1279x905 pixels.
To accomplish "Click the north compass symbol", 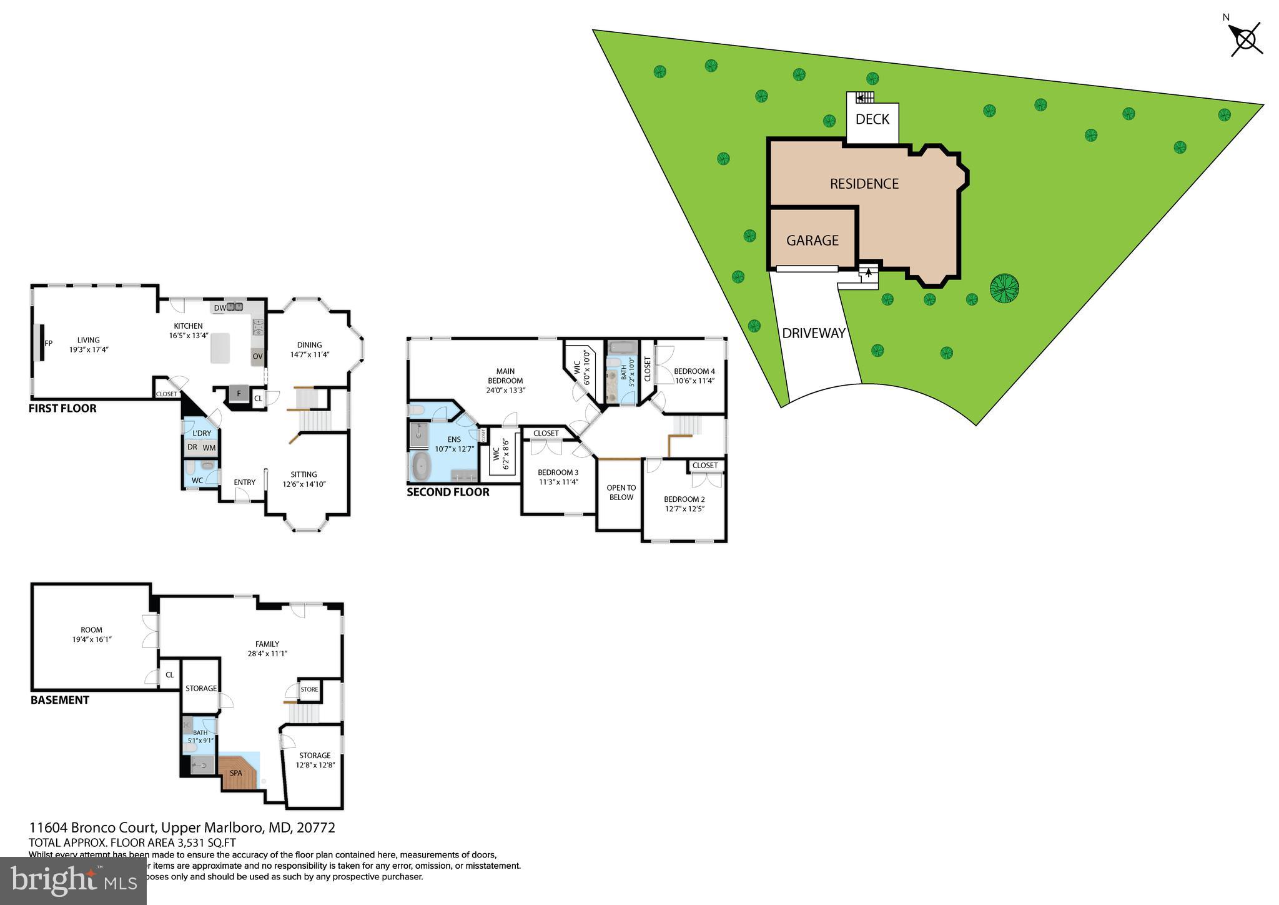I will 1246,40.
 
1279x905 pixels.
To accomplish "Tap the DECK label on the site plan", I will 872,119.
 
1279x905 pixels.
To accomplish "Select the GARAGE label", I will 812,240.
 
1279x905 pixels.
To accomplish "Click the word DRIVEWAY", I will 813,333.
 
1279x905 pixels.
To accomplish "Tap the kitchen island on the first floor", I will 219,347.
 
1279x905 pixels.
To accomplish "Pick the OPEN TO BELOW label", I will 621,492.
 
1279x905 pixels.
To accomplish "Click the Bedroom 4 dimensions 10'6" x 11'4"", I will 694,381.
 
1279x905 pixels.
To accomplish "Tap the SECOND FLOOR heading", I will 448,492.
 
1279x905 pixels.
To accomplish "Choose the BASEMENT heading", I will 60,700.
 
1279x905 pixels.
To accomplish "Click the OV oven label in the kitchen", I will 257,356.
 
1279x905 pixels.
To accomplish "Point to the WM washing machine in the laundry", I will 209,447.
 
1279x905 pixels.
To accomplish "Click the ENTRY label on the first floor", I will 244,482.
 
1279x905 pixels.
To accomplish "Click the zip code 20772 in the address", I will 315,827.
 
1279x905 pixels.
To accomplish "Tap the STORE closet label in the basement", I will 309,689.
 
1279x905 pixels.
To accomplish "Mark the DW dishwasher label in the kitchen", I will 219,307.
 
